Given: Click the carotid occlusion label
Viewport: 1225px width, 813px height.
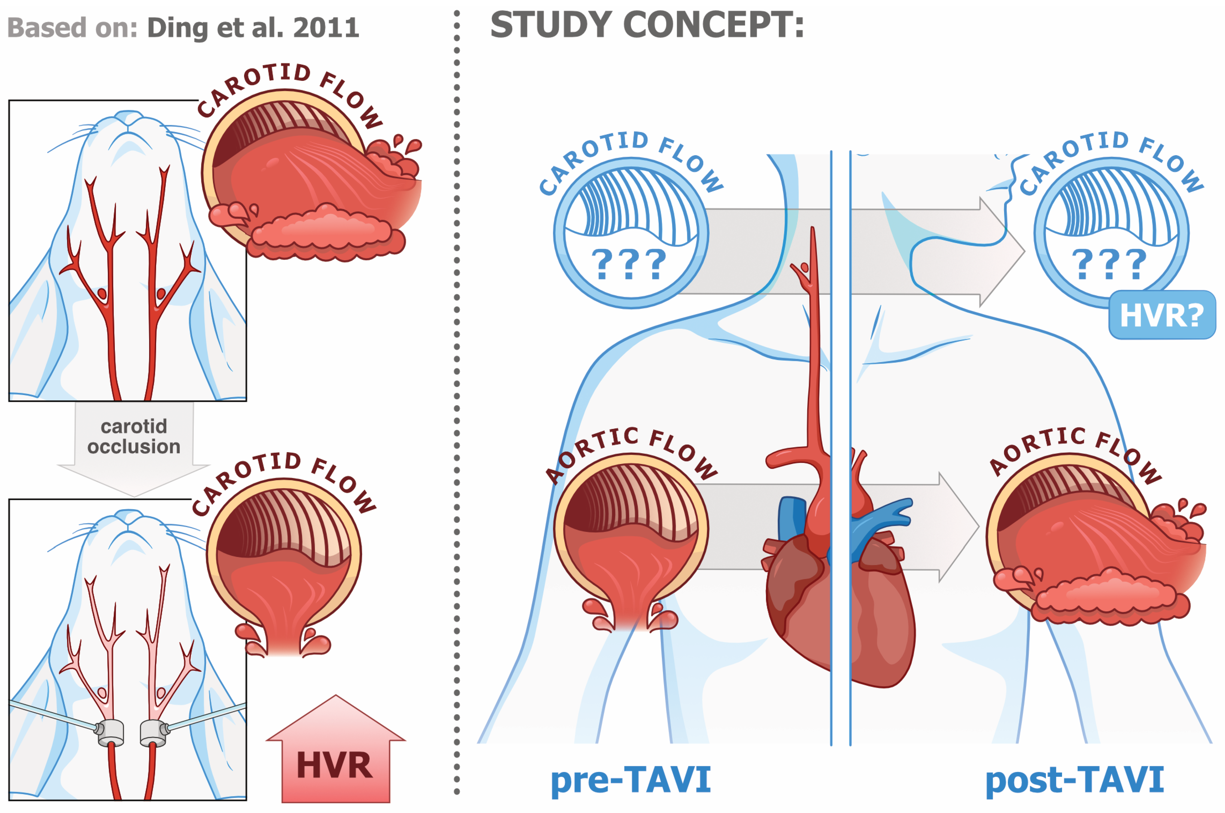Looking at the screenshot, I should tap(134, 437).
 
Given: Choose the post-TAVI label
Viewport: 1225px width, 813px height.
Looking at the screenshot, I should tap(1074, 780).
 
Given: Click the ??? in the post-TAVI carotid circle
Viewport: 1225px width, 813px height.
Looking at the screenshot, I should tap(1109, 265).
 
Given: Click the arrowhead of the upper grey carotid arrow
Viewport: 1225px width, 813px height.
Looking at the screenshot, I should tap(1001, 252).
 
